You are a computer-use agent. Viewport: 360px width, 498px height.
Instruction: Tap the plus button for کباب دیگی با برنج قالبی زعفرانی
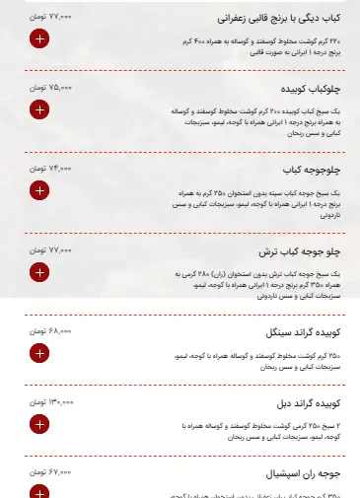click(x=38, y=39)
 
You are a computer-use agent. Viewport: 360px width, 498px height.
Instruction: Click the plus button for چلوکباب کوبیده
click(x=38, y=109)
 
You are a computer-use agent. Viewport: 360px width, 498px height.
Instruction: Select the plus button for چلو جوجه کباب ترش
click(x=38, y=271)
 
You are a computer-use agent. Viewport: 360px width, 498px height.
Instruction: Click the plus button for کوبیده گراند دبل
click(x=38, y=424)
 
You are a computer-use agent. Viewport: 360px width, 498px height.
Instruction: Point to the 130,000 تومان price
click(x=49, y=402)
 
